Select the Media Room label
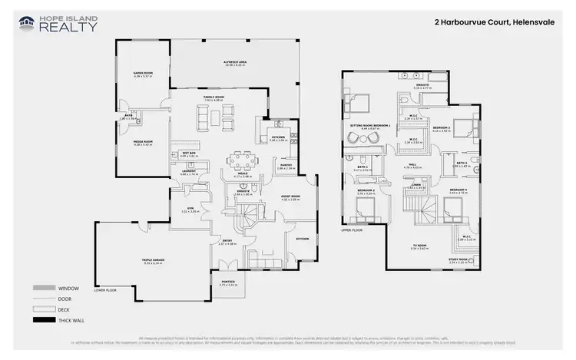(144, 143)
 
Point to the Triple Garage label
(153, 261)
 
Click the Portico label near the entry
(229, 283)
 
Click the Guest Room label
(290, 197)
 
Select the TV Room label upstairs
(419, 247)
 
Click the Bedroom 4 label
(458, 191)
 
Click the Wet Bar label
(188, 154)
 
